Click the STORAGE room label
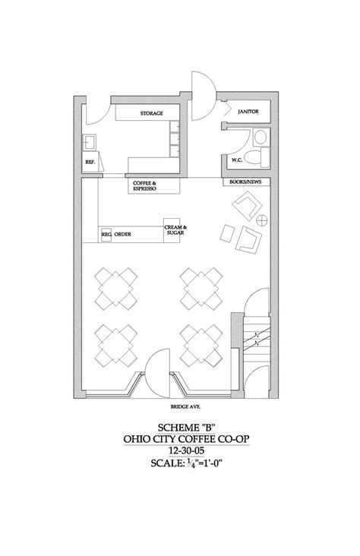152,113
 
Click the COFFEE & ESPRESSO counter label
144,185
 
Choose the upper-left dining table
118,288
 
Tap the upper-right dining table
201,288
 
